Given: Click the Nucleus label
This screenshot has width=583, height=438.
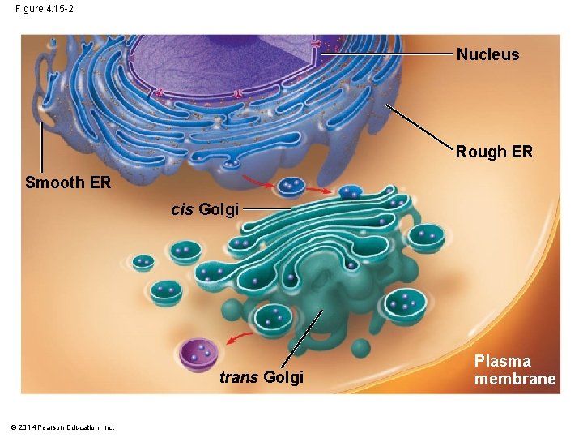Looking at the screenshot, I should (487, 55).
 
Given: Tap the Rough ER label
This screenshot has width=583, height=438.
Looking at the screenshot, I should (494, 152).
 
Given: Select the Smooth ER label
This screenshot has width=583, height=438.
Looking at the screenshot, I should (68, 182).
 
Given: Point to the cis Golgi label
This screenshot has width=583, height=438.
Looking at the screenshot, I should (205, 210).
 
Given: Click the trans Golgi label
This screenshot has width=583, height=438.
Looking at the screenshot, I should (262, 377).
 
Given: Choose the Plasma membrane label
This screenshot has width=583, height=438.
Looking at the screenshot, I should (515, 370).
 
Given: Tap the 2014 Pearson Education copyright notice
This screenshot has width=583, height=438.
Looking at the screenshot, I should (64, 427).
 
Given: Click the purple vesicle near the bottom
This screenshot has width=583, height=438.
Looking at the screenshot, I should (200, 354).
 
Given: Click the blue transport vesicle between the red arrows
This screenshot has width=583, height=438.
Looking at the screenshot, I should (289, 187).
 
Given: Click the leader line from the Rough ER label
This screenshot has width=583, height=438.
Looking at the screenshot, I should (417, 127).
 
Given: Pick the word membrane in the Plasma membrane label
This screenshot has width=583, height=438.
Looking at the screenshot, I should (515, 379).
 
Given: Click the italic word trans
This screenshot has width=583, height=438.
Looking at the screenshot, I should (239, 377).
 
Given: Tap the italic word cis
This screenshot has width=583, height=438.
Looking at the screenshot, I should (182, 210).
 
